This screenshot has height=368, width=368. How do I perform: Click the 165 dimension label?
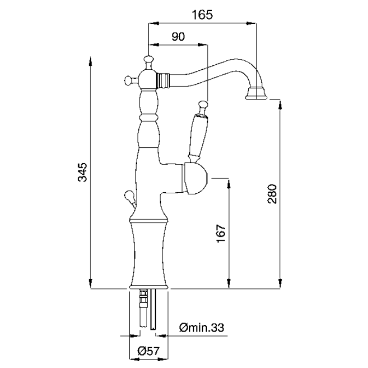(x=202, y=15)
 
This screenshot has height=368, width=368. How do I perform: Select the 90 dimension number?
(x=178, y=37)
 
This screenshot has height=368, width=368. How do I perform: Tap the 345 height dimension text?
(x=82, y=172)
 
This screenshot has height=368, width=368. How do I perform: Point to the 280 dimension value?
(x=272, y=194)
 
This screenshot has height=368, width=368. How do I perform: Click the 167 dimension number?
(x=221, y=233)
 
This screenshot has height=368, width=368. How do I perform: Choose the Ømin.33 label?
(x=201, y=328)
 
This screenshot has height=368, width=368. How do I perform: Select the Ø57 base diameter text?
(x=149, y=351)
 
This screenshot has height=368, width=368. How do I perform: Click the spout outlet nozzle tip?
(x=257, y=93)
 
